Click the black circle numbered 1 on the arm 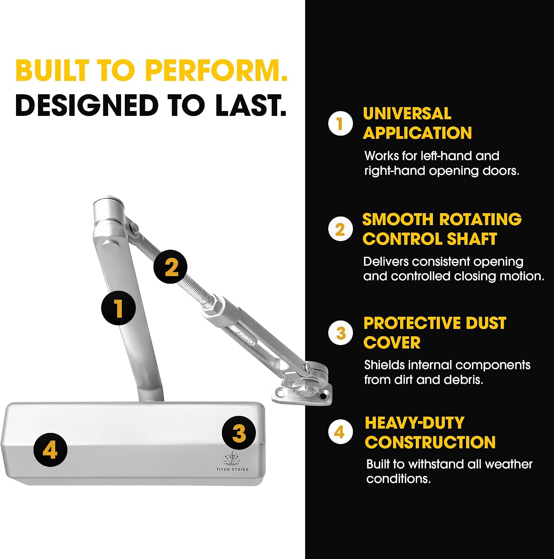point(118,308)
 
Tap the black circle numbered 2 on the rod point(171,266)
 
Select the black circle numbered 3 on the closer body point(239,433)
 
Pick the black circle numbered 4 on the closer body point(50,449)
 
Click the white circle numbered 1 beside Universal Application point(340,123)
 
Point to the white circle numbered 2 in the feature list point(340,229)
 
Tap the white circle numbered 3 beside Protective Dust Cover point(341,332)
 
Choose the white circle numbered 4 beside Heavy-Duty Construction point(340,432)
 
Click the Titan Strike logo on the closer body point(232,461)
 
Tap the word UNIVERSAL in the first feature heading point(407,114)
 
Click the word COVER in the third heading point(392,342)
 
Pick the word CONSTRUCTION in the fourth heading point(430,442)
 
